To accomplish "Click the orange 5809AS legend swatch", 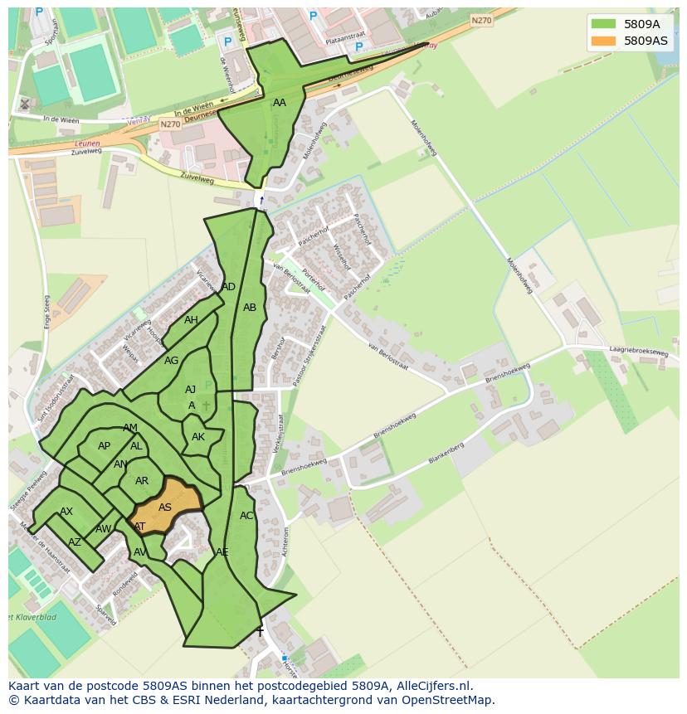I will tap(603, 41).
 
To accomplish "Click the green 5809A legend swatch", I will tap(603, 24).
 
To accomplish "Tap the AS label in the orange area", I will tap(165, 508).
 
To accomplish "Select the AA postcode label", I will tap(280, 103).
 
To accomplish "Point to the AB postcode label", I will tap(250, 308).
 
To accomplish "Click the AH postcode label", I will tap(191, 320).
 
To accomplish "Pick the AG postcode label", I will tap(171, 361).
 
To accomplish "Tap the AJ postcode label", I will tap(190, 390).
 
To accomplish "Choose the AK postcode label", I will tap(198, 437).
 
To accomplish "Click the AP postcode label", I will tap(104, 446).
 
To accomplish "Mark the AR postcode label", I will tap(142, 481).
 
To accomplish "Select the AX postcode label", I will tap(66, 512).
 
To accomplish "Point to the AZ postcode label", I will tap(75, 542).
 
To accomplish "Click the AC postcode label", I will tap(246, 516).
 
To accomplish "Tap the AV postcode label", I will tap(140, 552).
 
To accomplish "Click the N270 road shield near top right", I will tap(481, 21).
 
